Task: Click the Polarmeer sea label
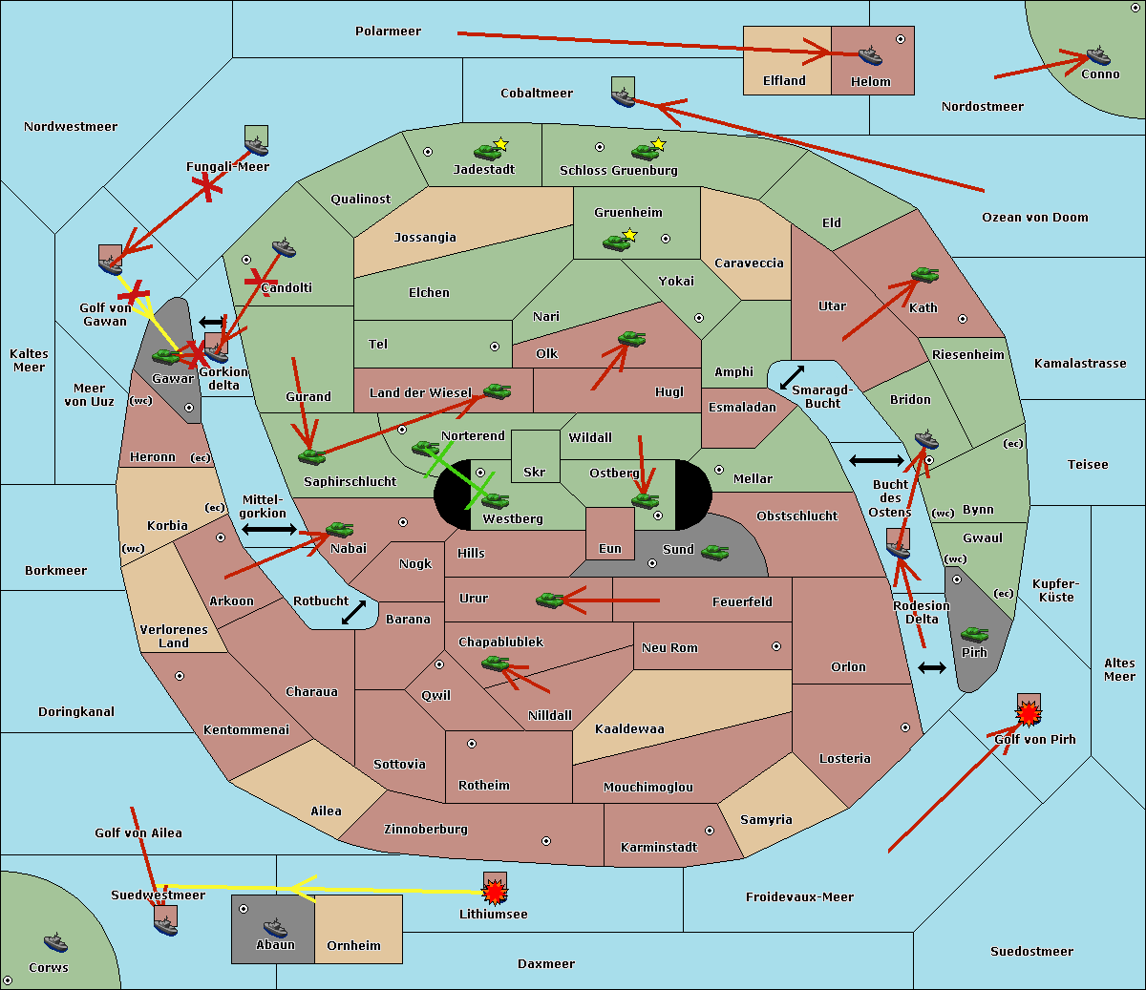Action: point(388,32)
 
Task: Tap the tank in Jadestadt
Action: point(488,151)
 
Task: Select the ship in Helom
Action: point(870,54)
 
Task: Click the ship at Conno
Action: point(1097,55)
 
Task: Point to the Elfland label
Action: point(784,81)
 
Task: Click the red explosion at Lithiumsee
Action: point(495,893)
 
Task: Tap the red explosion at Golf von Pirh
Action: point(1029,713)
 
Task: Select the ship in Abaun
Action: point(275,927)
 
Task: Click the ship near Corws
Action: point(56,941)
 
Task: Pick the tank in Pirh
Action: point(974,634)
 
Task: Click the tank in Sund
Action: point(714,551)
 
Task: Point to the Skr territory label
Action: point(534,472)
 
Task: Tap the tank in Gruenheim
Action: point(617,242)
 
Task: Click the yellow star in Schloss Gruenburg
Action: point(658,144)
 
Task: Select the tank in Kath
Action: point(924,275)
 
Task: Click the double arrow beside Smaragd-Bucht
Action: point(793,377)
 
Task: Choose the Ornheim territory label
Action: point(353,946)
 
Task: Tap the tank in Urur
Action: point(549,600)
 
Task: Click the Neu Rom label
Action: point(669,648)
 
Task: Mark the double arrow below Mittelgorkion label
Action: point(269,530)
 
